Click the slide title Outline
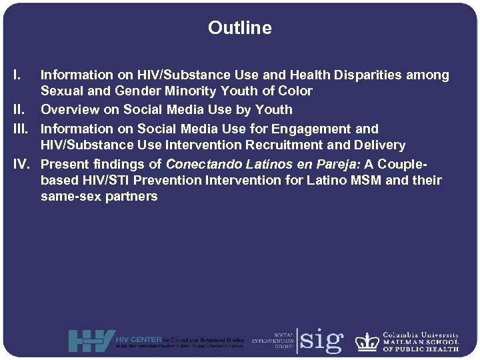(239, 28)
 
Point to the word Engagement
(305, 129)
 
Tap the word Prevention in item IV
(167, 180)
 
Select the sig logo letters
(321, 341)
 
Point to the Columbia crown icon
(367, 341)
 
